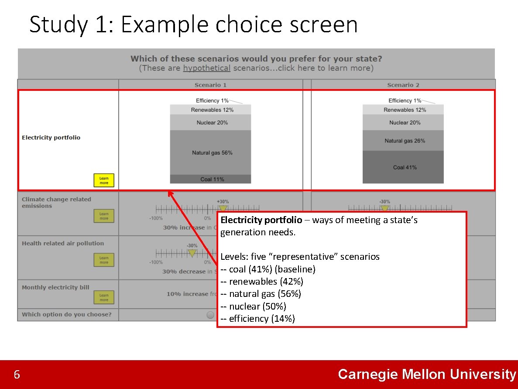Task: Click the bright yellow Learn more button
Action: point(104,180)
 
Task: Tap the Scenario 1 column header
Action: point(210,85)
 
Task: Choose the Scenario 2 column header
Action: point(403,85)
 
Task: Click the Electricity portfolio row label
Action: point(51,138)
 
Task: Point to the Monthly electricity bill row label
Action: point(55,287)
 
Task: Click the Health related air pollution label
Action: point(63,243)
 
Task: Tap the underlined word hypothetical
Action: point(206,68)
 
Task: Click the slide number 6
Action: point(17,375)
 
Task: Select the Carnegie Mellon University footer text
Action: point(427,374)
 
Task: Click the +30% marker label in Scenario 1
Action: point(223,201)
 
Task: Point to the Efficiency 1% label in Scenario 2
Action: point(405,101)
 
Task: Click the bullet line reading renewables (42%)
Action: point(262,282)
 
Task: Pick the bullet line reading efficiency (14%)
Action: point(258,319)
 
